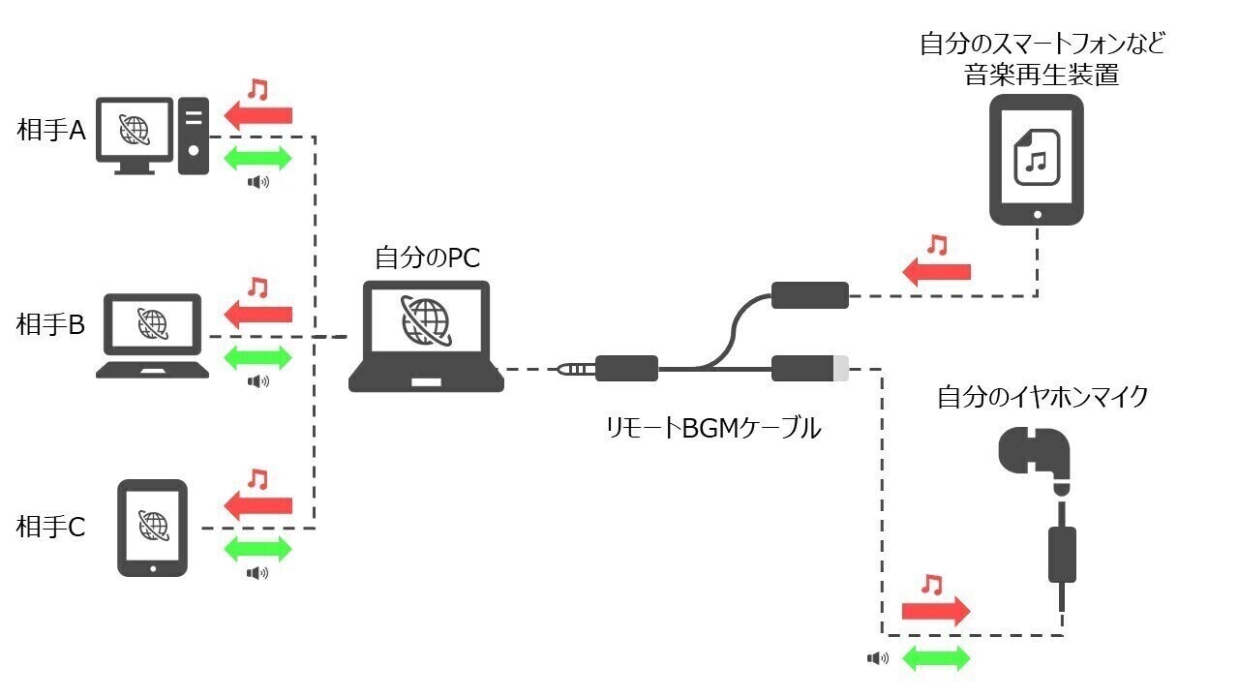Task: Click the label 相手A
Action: point(51,131)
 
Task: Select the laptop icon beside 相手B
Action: point(153,335)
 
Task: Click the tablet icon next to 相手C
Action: point(152,528)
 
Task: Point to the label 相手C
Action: point(51,528)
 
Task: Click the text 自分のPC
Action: point(427,258)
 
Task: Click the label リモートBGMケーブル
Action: point(711,427)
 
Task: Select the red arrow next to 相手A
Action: point(257,116)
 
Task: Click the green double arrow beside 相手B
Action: point(257,355)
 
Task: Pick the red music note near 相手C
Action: point(257,479)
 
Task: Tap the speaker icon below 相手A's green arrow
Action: point(257,181)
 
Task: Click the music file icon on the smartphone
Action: point(1036,158)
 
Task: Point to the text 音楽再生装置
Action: point(1042,75)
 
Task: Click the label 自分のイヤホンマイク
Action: point(1042,397)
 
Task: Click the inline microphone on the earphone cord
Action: point(1063,554)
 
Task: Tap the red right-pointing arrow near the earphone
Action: point(935,610)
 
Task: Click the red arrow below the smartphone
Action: point(936,272)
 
